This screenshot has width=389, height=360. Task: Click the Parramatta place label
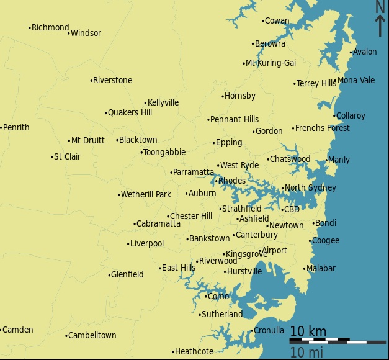click(x=194, y=172)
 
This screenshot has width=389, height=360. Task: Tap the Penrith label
click(x=16, y=127)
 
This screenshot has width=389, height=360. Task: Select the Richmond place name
click(x=50, y=27)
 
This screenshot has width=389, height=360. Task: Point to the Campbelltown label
click(x=92, y=336)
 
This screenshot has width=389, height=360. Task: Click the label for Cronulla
click(x=269, y=330)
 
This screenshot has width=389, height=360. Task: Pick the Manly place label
click(x=339, y=160)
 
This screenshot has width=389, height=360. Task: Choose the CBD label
click(x=292, y=210)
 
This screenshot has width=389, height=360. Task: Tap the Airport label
click(x=274, y=251)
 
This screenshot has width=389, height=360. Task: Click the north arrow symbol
click(x=380, y=25)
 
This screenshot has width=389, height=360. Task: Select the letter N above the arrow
click(x=380, y=6)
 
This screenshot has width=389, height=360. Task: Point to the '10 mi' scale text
click(x=306, y=353)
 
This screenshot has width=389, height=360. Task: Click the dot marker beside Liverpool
click(x=128, y=244)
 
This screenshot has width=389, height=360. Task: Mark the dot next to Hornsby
click(x=223, y=96)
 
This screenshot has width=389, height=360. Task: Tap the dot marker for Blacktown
click(x=117, y=140)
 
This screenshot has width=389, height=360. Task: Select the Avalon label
click(x=365, y=52)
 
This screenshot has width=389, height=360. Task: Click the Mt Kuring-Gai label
click(x=271, y=63)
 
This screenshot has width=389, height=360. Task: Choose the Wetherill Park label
click(x=146, y=195)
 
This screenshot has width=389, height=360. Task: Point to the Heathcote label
click(x=194, y=352)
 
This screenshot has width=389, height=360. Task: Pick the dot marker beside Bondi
click(x=313, y=223)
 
